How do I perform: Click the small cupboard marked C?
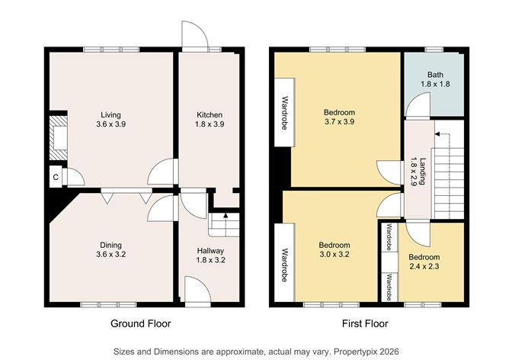point(56,178)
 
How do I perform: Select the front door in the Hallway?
point(195,291)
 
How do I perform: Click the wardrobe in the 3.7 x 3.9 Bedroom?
point(283,111)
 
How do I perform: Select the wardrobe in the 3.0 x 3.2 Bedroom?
point(283,265)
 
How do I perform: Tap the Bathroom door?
point(415,108)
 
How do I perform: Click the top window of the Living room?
point(111,50)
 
